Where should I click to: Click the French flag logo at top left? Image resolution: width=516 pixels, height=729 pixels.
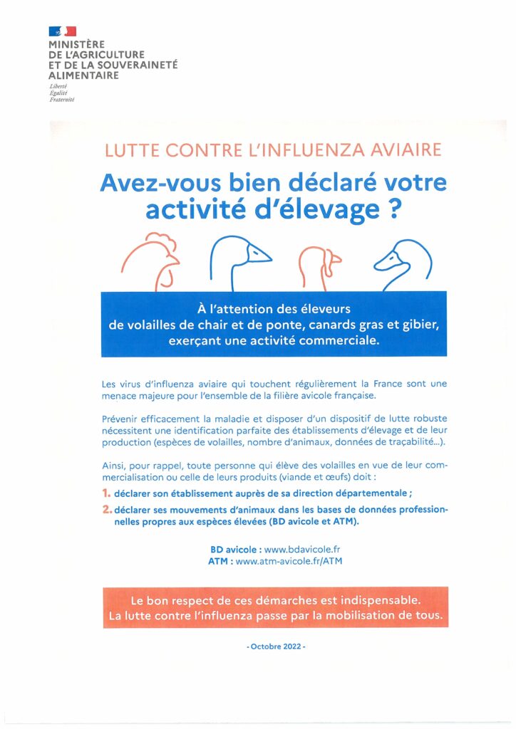62,31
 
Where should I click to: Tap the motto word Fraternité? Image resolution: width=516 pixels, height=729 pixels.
62,99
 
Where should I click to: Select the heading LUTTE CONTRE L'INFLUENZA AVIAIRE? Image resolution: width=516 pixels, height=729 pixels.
273,150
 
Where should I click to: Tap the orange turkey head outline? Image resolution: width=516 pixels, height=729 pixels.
319,263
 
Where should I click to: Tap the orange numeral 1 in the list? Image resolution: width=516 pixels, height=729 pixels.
106,493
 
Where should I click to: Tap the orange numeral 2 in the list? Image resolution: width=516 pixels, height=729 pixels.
107,509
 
